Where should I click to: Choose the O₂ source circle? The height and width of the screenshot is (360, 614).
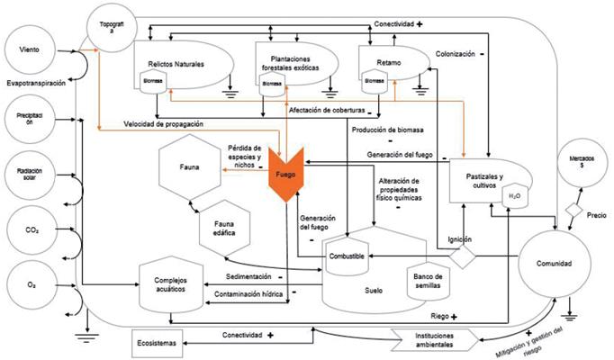pos(29,284)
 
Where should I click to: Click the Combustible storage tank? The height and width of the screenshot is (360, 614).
pos(348,256)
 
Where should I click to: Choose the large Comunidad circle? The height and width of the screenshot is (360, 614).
pos(552,262)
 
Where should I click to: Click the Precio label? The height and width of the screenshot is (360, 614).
pos(595,215)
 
